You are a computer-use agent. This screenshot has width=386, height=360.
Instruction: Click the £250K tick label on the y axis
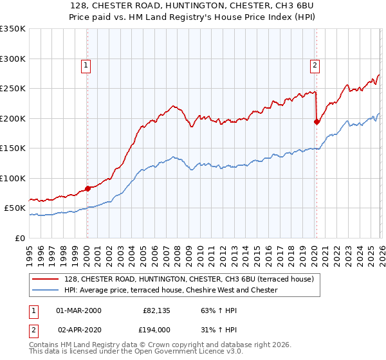(x=13, y=89)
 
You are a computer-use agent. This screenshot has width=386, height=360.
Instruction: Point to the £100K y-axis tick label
(x=13, y=178)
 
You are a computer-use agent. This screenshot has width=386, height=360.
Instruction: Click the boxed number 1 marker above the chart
(x=86, y=64)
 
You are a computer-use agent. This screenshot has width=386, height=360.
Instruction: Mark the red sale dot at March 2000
(x=87, y=189)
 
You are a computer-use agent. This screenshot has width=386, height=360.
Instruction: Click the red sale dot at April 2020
(x=317, y=122)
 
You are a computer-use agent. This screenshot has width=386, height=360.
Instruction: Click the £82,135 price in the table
(x=156, y=310)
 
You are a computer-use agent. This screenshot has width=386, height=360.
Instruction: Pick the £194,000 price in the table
(x=156, y=328)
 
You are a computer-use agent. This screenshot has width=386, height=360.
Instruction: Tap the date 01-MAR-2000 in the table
(x=78, y=310)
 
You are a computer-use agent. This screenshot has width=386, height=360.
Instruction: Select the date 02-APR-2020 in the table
(x=78, y=328)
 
